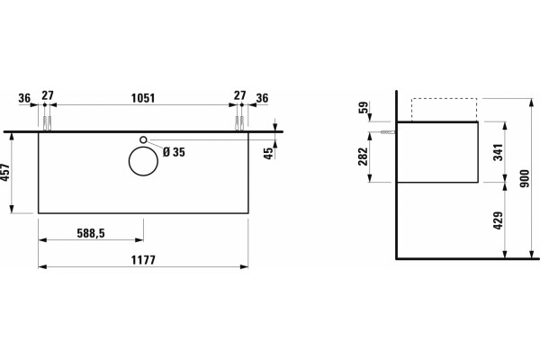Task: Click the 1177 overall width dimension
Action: point(143,260)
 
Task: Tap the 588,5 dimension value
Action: point(91,234)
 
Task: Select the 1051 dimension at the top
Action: point(143,98)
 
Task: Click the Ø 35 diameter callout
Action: point(174,152)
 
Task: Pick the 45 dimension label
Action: point(270,153)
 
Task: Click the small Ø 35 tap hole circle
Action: point(144,139)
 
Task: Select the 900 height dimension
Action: point(525,178)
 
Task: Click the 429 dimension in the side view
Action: point(499,220)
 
